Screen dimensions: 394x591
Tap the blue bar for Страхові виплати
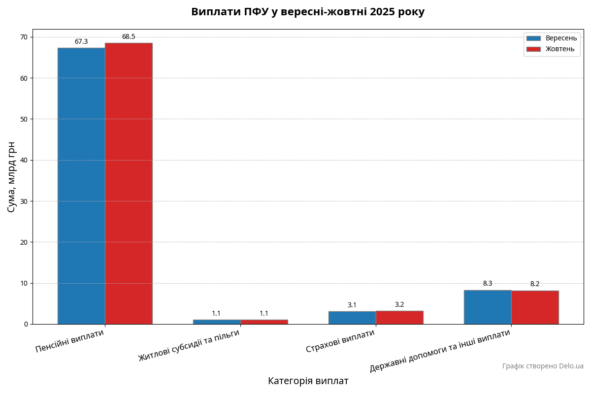(x=352, y=318)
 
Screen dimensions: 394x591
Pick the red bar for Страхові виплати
(x=399, y=317)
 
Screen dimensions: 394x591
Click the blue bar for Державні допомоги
(x=488, y=307)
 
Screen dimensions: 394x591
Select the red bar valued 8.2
(x=535, y=307)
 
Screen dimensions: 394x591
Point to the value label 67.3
(x=81, y=42)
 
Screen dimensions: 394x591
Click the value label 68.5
(x=129, y=37)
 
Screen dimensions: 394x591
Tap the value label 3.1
(x=352, y=305)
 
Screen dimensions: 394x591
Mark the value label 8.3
(x=488, y=284)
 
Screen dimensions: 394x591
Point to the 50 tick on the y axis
(x=23, y=119)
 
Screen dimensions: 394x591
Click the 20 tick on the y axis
(x=23, y=242)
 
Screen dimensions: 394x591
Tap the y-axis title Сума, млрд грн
(x=12, y=177)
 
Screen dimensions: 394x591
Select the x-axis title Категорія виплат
(x=308, y=381)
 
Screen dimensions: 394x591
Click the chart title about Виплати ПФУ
(x=308, y=12)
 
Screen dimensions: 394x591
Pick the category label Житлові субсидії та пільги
(x=189, y=345)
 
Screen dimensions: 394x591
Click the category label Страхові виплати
(x=340, y=341)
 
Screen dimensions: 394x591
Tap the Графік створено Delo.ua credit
(x=543, y=366)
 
